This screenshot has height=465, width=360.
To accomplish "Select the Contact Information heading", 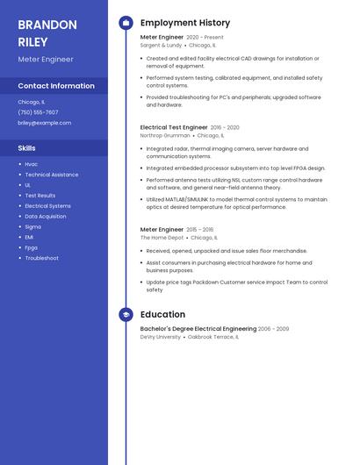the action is click(x=56, y=86).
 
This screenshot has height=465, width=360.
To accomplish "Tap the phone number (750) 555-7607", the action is click(x=39, y=112).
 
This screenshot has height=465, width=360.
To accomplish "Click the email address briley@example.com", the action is click(x=45, y=123).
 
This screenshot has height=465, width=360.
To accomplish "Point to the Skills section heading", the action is click(x=27, y=148).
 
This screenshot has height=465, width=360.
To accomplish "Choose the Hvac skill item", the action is click(x=32, y=164).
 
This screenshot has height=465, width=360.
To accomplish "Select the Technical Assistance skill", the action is click(x=51, y=175).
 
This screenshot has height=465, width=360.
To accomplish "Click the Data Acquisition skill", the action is click(x=46, y=216).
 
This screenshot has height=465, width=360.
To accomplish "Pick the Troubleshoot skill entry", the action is click(x=42, y=258).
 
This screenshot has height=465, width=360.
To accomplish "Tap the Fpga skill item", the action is click(x=32, y=247).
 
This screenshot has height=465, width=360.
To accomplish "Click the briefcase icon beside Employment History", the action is click(x=126, y=23).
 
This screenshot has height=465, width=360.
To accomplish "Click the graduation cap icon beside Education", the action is click(x=126, y=314).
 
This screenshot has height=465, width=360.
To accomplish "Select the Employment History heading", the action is click(x=185, y=23).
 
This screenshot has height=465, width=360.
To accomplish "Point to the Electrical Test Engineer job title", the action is click(x=174, y=127).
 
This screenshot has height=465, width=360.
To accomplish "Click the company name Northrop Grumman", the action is click(x=165, y=136).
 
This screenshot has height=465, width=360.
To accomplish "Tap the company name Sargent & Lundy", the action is click(x=161, y=45).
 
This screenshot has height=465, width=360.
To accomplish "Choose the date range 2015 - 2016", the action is click(x=200, y=229).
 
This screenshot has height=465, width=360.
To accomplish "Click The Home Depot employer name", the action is click(x=162, y=238).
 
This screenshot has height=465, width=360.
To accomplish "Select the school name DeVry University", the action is click(x=161, y=337).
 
